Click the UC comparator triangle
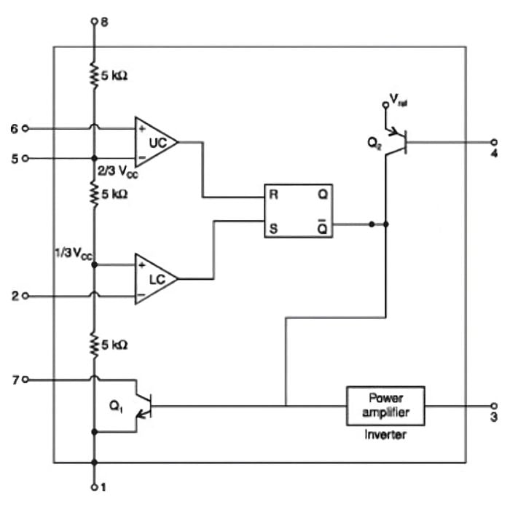pyautogui.click(x=155, y=142)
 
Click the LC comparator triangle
pyautogui.click(x=155, y=279)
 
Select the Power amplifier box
pyautogui.click(x=385, y=406)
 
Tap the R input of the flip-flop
pyautogui.click(x=273, y=196)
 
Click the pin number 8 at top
pyautogui.click(x=105, y=23)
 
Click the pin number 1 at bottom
pyautogui.click(x=105, y=486)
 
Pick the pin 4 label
pyautogui.click(x=493, y=155)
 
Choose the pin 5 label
pyautogui.click(x=14, y=157)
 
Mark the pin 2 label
pyautogui.click(x=14, y=297)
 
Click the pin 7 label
pyautogui.click(x=14, y=380)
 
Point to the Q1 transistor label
pyautogui.click(x=115, y=409)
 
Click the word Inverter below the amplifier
pyautogui.click(x=385, y=436)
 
